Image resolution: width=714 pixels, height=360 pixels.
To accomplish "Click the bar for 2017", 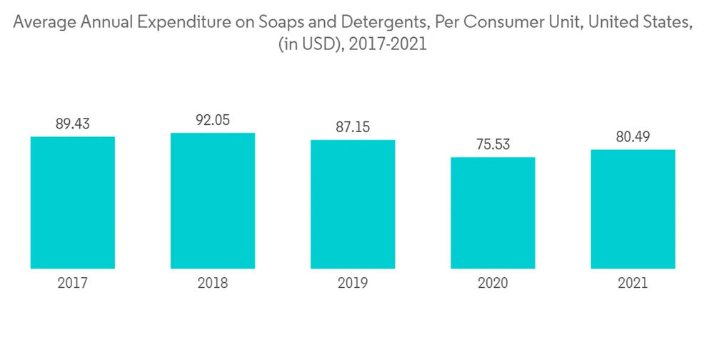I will click(73, 202).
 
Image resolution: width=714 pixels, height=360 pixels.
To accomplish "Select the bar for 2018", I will click(213, 201).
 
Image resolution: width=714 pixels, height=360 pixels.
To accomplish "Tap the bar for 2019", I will click(353, 204).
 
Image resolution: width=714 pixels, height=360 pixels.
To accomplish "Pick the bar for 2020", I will click(493, 213).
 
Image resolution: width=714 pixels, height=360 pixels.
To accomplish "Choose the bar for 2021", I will click(633, 209).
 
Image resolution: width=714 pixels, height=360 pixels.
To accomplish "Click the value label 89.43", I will click(73, 124).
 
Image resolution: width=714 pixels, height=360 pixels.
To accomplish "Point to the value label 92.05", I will click(213, 120).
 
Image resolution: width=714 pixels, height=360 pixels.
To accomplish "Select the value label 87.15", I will click(353, 127).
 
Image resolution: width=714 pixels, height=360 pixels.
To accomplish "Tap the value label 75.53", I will click(493, 144).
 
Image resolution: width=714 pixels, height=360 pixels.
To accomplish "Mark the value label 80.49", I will click(633, 137).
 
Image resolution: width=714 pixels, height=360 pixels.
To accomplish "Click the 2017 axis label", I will click(73, 284).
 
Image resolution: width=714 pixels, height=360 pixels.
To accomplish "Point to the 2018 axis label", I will click(213, 284).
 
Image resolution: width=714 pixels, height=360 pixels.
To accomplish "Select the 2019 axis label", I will click(353, 284).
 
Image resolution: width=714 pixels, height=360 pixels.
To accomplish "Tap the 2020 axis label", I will click(493, 284).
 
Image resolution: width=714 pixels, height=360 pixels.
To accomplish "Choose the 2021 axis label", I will click(633, 284).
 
